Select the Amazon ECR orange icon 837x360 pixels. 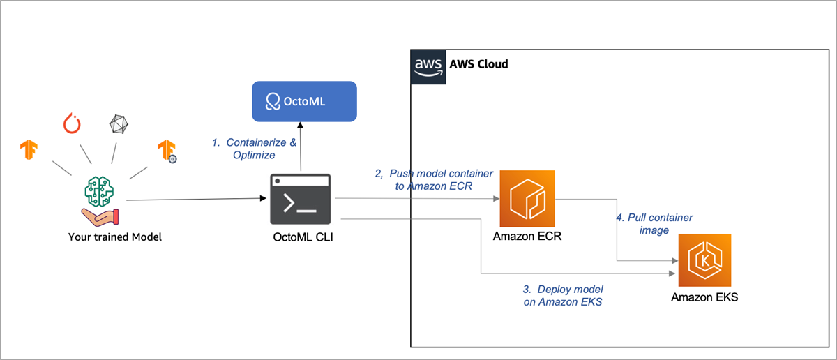(x=527, y=198)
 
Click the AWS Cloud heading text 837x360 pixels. (x=478, y=64)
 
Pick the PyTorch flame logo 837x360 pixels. (x=73, y=123)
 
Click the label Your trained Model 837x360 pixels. (x=114, y=237)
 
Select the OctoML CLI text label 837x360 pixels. (x=301, y=237)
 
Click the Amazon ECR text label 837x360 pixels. (x=527, y=236)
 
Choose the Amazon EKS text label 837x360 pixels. (x=704, y=297)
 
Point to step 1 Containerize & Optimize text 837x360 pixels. (x=254, y=149)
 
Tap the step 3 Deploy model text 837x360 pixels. (x=563, y=295)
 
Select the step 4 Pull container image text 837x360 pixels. (x=654, y=223)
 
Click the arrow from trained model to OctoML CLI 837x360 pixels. (x=195, y=200)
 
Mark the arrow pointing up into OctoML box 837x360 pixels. (x=301, y=147)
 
